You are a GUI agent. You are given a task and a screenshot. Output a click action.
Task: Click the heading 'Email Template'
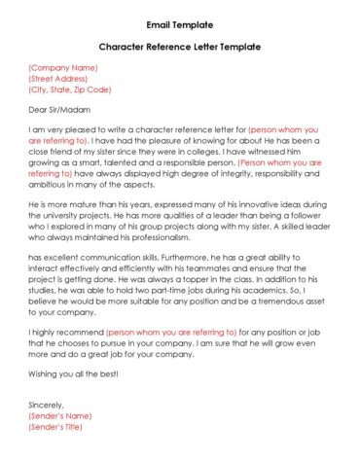179,23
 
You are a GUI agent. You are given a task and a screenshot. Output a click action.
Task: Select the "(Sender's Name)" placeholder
59,414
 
